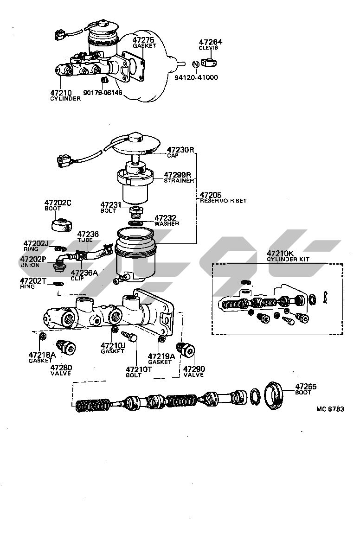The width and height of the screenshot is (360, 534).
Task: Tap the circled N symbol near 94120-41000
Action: (x=196, y=64)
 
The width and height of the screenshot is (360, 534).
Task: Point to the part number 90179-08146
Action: (x=103, y=93)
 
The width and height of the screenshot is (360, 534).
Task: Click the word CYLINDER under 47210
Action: (x=65, y=99)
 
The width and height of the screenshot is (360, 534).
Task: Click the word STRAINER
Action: (x=179, y=181)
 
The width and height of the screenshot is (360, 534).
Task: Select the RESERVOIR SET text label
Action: (x=223, y=201)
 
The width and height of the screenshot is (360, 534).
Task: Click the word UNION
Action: (x=30, y=265)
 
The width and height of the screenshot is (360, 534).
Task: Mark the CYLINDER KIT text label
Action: (x=288, y=260)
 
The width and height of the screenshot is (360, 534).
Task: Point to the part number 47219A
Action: (x=161, y=356)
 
